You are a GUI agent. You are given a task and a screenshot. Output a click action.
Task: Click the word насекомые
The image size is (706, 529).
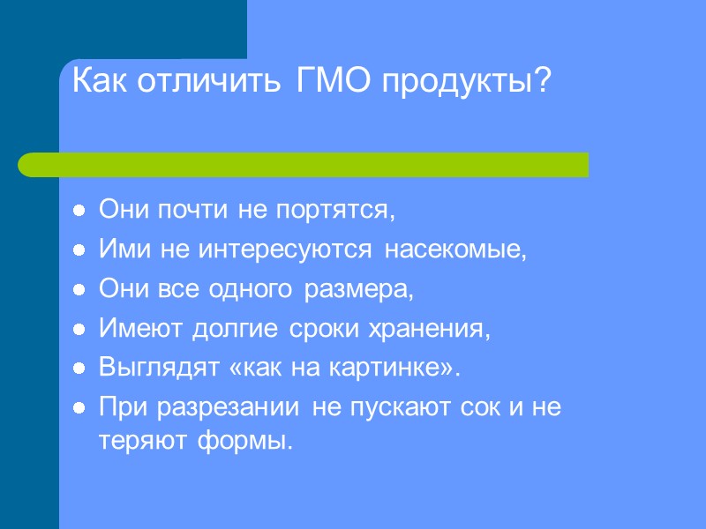(454, 251)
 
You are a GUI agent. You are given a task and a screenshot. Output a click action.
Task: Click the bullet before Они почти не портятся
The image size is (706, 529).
(79, 212)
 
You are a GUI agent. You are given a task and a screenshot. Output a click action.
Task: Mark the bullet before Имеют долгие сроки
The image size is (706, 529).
(79, 330)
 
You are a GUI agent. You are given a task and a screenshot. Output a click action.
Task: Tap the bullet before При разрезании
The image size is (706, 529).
(79, 408)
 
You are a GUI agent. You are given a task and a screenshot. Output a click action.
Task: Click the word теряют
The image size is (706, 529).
(135, 440)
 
